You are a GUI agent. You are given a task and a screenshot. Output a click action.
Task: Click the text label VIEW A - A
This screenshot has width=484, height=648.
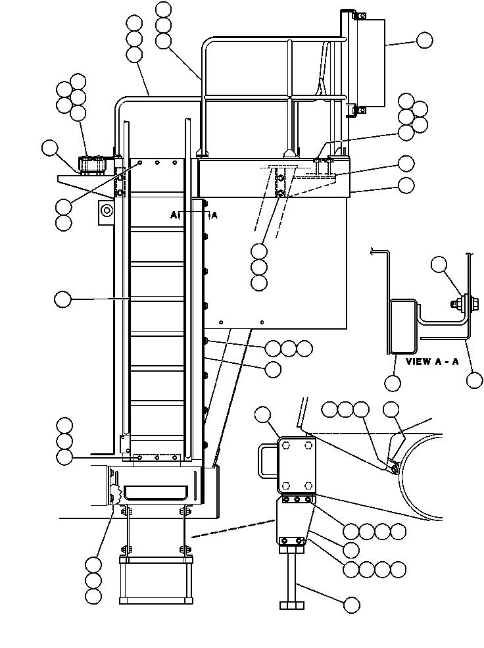(432, 362)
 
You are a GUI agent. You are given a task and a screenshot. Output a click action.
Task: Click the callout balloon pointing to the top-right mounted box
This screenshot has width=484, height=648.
(425, 40)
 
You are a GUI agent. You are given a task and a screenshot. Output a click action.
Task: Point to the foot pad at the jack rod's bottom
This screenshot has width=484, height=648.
(292, 605)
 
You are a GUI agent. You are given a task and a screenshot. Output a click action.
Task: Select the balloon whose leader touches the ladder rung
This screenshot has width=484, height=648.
(62, 299)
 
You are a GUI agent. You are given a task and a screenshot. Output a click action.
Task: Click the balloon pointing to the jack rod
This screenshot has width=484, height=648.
(351, 605)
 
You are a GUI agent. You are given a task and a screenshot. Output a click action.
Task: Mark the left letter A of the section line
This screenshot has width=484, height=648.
(174, 215)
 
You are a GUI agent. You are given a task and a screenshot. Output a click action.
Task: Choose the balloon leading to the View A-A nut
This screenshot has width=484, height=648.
(439, 264)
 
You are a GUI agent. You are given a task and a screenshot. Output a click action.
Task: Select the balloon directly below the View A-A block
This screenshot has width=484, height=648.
(393, 383)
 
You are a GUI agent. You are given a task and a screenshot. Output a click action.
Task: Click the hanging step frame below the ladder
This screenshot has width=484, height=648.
(156, 580)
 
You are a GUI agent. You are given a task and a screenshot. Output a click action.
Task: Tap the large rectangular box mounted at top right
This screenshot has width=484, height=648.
(368, 62)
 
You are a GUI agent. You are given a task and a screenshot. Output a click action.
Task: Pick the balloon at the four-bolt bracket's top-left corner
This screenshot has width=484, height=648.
(263, 414)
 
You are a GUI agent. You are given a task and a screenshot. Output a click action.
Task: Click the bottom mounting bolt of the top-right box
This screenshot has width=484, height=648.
(361, 110)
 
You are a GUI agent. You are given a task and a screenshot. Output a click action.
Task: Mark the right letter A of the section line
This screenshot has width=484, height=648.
(214, 215)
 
